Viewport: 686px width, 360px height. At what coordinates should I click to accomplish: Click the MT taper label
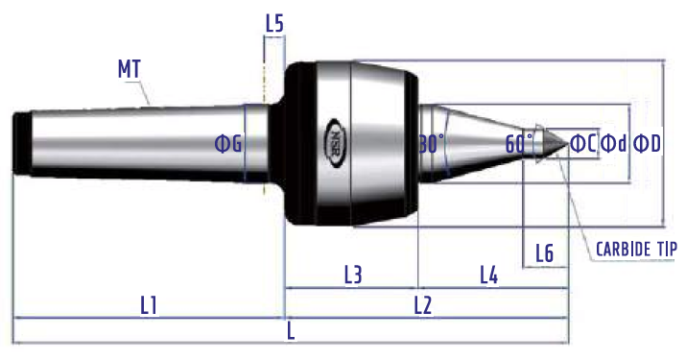coord(130,69)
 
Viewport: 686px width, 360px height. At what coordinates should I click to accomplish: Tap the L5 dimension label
coord(274,23)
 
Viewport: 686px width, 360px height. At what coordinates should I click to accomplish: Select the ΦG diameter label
coord(228,144)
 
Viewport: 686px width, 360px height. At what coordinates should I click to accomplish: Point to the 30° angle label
coord(432,144)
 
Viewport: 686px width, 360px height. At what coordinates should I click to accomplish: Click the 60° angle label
coord(519,143)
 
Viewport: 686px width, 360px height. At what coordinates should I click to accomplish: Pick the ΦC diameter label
coord(583,143)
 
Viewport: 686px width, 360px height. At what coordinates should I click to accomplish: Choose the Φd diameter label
coord(614,143)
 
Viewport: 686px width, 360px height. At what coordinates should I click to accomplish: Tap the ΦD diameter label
coord(648,143)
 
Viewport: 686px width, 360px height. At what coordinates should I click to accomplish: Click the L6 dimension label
coord(545,253)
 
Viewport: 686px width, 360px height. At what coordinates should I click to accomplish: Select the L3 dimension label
coord(353,275)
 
